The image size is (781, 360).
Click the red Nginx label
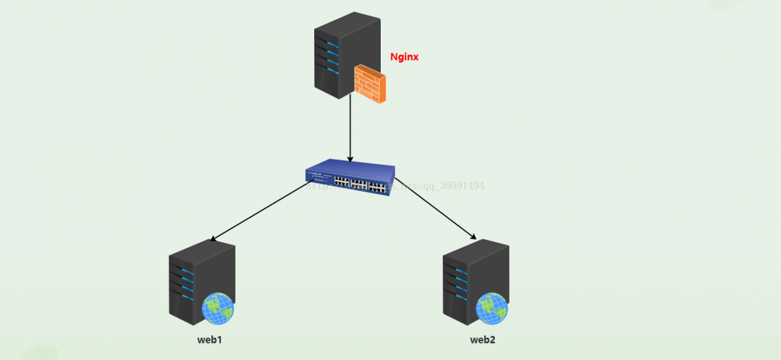pos(404,57)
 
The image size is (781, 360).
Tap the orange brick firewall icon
pos(370,84)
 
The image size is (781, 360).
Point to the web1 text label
pos(209,340)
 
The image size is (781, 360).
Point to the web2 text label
pos(482,340)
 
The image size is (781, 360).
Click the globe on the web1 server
pos(218,308)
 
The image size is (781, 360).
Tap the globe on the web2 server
pos(491,308)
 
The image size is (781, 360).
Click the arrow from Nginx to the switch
pos(350,128)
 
